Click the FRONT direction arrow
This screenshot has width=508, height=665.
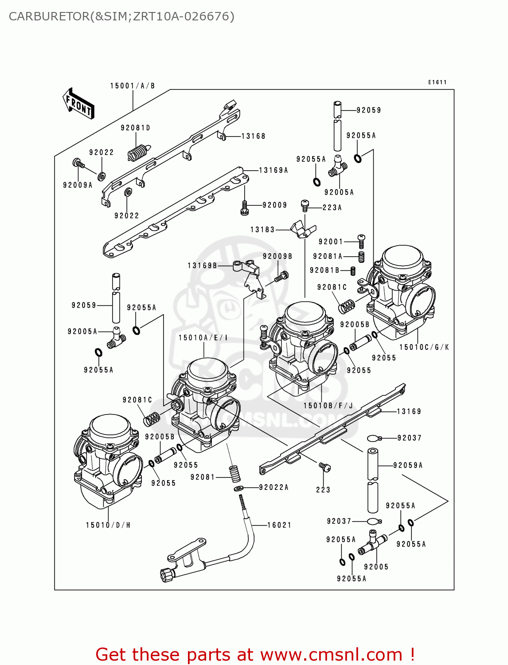pos(79,104)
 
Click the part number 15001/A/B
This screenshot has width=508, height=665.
pos(133,86)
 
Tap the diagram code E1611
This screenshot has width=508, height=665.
pos(437,82)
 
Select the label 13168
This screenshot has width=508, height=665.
pos(253,136)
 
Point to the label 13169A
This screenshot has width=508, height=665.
pos(273,170)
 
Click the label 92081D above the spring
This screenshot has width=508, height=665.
pos(136,128)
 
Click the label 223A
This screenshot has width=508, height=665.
pos(332,207)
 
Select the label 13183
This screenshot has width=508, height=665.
pos(262,230)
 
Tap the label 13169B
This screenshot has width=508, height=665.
pos(202,266)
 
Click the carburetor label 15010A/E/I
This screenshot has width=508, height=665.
pos(203,338)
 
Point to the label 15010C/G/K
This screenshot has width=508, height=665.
pos(424,347)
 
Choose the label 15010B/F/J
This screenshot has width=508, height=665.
pos(328,406)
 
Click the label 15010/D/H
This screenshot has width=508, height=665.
pos(108,525)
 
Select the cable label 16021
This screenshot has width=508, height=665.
pos(279,525)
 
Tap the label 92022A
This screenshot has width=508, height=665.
pos(274,487)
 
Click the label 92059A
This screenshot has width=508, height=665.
pos(408,465)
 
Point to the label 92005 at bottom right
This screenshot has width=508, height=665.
pos(376,567)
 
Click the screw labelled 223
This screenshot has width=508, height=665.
pos(324,467)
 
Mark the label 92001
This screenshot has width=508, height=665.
pos(331,242)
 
